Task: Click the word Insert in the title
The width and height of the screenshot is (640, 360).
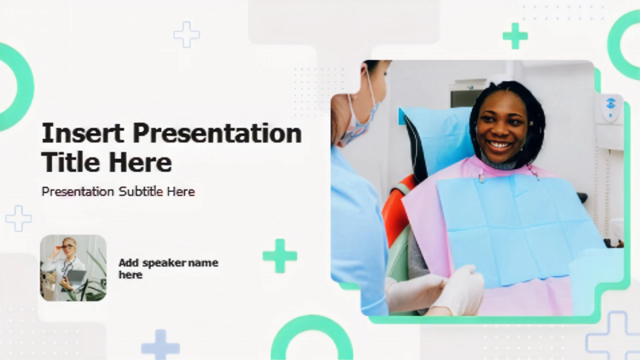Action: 83,133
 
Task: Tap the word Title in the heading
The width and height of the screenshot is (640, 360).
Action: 70,162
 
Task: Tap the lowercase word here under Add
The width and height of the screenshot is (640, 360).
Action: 131,275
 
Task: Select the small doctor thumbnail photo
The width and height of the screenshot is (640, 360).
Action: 73,268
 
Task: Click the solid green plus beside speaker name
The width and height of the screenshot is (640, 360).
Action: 280,256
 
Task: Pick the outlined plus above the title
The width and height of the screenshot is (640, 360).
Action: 187,35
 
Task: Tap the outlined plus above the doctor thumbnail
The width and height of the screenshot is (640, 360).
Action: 19,218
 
